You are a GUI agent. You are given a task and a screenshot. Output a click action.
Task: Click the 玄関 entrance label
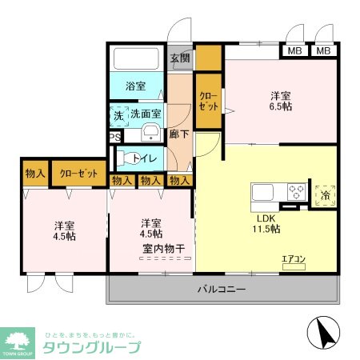[180, 58]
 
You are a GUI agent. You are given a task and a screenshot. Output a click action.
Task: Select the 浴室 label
[135, 86]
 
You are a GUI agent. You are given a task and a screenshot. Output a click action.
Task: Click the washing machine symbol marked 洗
[118, 115]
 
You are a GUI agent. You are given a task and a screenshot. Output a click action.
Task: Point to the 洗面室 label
[146, 114]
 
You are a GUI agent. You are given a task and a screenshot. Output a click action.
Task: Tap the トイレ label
[145, 158]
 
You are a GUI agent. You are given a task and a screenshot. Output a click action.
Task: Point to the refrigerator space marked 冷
[326, 194]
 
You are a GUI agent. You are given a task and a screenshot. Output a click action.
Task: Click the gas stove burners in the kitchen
[295, 192]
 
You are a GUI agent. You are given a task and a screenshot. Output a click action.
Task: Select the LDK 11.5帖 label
[267, 223]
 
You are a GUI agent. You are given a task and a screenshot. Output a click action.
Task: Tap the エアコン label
[294, 258]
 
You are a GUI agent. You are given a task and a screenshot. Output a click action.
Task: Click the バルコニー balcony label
[222, 290]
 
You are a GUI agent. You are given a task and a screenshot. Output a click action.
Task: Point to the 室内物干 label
[164, 249]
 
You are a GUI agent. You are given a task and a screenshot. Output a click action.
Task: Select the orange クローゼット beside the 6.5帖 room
[209, 102]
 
